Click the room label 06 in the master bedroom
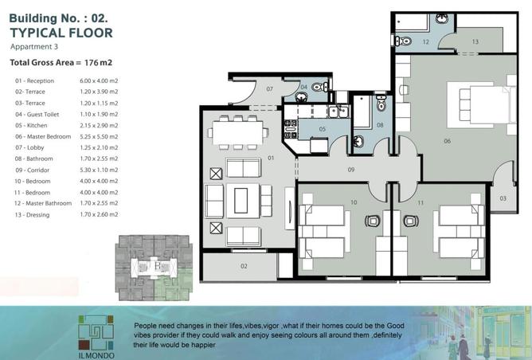coord(448,141)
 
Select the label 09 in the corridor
coord(351,169)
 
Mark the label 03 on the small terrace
coord(503,198)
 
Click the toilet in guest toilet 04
coord(319,87)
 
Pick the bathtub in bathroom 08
coord(364,112)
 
